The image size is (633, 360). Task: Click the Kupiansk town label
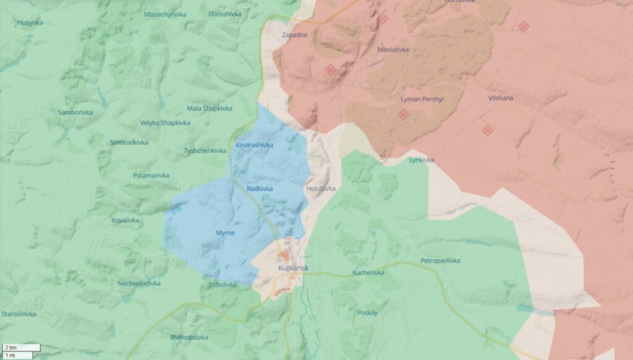293,268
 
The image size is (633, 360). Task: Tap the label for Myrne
224,233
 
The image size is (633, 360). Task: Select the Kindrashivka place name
254,145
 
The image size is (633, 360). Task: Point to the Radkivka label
259,188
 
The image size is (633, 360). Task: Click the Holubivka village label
320,188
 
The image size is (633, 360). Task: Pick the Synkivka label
421,160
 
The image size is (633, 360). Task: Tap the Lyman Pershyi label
422,99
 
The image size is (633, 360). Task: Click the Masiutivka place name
393,49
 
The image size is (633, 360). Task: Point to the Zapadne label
294,35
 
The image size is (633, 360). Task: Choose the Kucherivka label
368,273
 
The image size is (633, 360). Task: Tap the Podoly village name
367,313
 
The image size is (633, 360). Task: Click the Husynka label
30,23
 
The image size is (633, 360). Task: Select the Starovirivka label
19,314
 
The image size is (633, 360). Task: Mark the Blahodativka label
189,338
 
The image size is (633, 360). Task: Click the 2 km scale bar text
11,348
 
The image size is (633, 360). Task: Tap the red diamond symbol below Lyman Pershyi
403,114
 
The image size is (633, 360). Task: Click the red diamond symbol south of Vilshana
487,130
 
